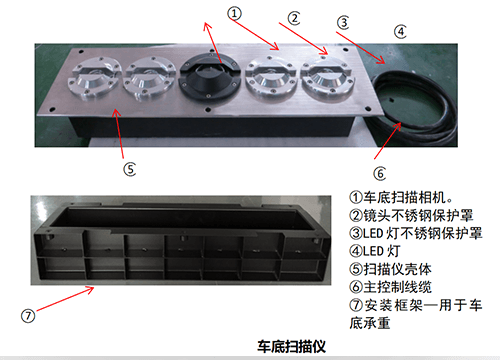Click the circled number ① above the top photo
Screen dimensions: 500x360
pos(234,14)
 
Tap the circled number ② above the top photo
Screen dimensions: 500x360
pos(294,19)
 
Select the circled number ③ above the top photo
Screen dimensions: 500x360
pos(343,23)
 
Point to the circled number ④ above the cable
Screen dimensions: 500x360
pos(400,32)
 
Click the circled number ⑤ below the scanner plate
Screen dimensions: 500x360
pos(130,169)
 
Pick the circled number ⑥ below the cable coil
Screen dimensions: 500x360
pos(380,174)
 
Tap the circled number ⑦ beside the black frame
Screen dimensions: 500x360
pos(28,315)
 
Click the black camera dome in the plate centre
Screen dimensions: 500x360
pos(210,76)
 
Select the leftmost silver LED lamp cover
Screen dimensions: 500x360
pos(94,78)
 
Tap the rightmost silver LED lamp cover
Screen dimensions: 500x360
pos(328,78)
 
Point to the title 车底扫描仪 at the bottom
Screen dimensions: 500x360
pos(291,347)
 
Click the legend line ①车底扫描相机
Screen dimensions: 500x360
pos(401,197)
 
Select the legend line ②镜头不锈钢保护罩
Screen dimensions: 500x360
pos(411,215)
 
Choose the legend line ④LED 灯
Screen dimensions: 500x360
pos(375,251)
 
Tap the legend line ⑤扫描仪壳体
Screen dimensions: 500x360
pos(390,269)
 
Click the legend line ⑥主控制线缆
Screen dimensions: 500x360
pos(390,287)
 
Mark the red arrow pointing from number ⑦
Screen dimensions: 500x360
pos(65,299)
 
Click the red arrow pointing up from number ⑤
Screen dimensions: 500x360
pos(118,133)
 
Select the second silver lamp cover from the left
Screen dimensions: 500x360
pos(149,78)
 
